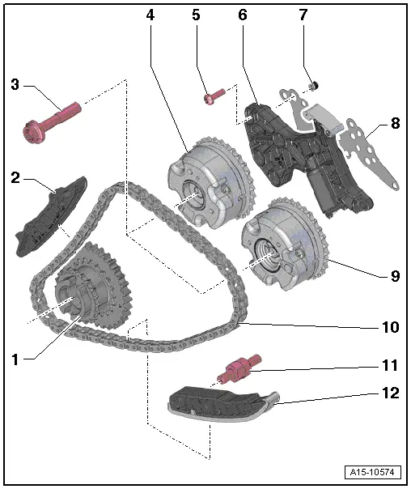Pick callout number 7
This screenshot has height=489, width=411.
point(303,15)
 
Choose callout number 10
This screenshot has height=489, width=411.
point(390,327)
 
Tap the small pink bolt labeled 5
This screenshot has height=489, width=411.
point(213,98)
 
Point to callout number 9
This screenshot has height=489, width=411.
point(394,275)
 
